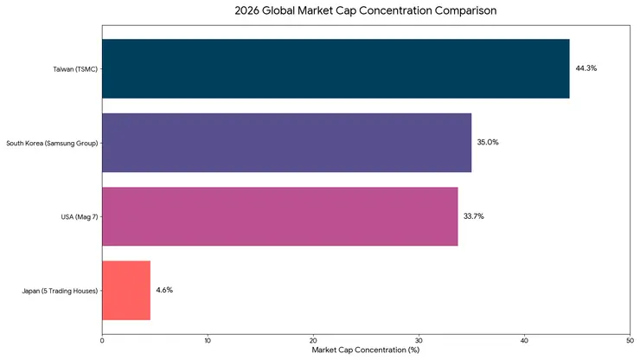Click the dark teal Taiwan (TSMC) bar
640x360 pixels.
click(x=336, y=68)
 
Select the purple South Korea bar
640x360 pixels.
click(x=286, y=142)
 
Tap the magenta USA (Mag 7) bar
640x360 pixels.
click(x=279, y=216)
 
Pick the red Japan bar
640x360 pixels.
click(x=126, y=290)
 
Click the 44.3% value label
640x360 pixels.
click(x=586, y=68)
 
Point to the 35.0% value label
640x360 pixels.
click(x=488, y=142)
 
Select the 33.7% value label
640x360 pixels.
click(x=473, y=216)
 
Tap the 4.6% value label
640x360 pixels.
click(x=164, y=290)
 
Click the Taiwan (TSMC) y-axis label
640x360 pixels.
click(x=74, y=68)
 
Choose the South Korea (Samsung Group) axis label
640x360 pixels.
click(x=51, y=143)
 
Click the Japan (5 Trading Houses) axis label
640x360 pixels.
click(x=59, y=291)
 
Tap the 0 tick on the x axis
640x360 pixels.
click(x=102, y=341)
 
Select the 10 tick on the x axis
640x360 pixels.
click(x=208, y=341)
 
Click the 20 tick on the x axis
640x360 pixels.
click(x=313, y=341)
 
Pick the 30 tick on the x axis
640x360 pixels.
click(x=419, y=341)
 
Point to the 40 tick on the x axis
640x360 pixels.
click(x=525, y=341)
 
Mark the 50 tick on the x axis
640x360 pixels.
click(x=630, y=341)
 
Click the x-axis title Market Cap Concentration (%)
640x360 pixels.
click(x=366, y=350)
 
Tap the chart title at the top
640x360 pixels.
click(x=366, y=11)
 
